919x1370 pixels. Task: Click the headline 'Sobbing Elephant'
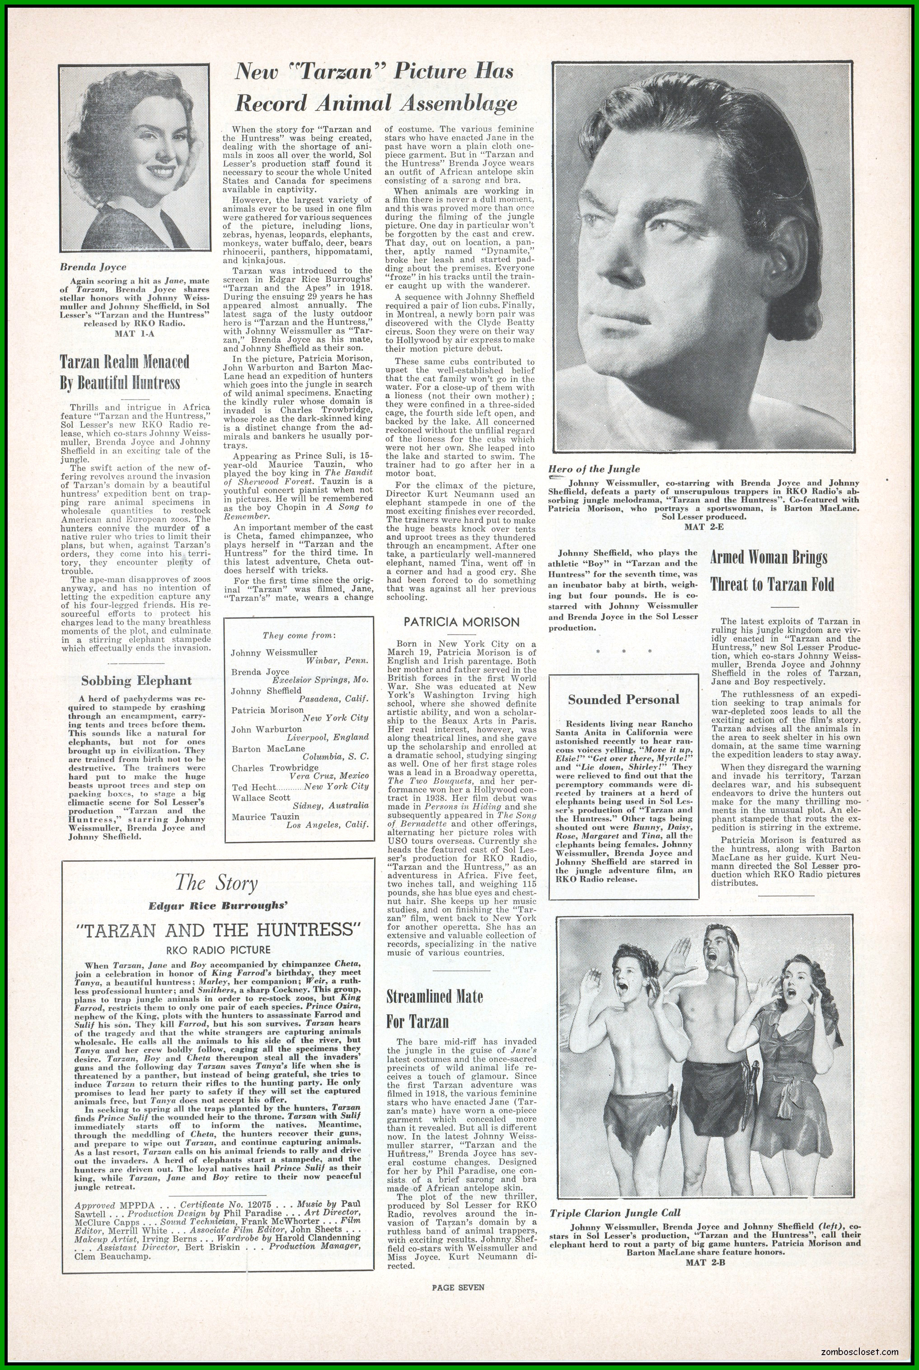click(x=136, y=680)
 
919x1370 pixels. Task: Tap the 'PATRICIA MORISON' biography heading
click(x=461, y=622)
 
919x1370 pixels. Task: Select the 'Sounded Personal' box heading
click(x=624, y=699)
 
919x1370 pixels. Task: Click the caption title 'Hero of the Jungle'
click(x=594, y=469)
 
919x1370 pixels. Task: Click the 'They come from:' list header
click(x=299, y=635)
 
